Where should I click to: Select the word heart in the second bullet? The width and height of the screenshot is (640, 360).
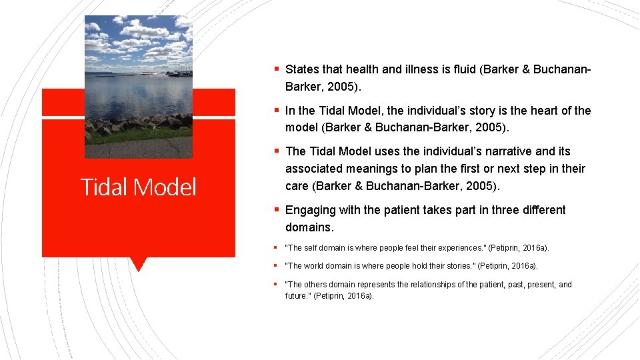coord(533,111)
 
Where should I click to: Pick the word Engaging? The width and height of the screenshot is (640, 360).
coord(310,210)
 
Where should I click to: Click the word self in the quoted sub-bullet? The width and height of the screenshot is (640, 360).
coord(309,248)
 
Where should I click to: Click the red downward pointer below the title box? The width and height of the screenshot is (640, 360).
coord(139,264)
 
